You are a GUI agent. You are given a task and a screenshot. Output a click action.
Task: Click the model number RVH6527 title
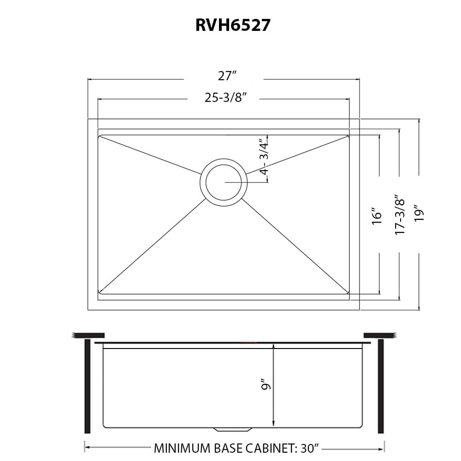[x=232, y=25]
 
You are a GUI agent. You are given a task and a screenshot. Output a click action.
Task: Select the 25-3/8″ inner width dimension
[x=224, y=98]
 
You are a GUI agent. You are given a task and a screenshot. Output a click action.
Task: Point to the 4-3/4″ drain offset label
[x=264, y=157]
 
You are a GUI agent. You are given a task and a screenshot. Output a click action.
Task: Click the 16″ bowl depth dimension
[x=377, y=215]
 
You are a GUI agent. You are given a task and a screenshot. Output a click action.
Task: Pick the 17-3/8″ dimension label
[x=399, y=215]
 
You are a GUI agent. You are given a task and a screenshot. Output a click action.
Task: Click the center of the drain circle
[x=224, y=182]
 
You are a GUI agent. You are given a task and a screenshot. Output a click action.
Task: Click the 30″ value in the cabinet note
[x=309, y=448]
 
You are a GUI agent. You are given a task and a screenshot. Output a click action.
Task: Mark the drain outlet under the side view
[x=233, y=429]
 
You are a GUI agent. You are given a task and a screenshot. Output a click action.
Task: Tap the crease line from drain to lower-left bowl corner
[x=152, y=246]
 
